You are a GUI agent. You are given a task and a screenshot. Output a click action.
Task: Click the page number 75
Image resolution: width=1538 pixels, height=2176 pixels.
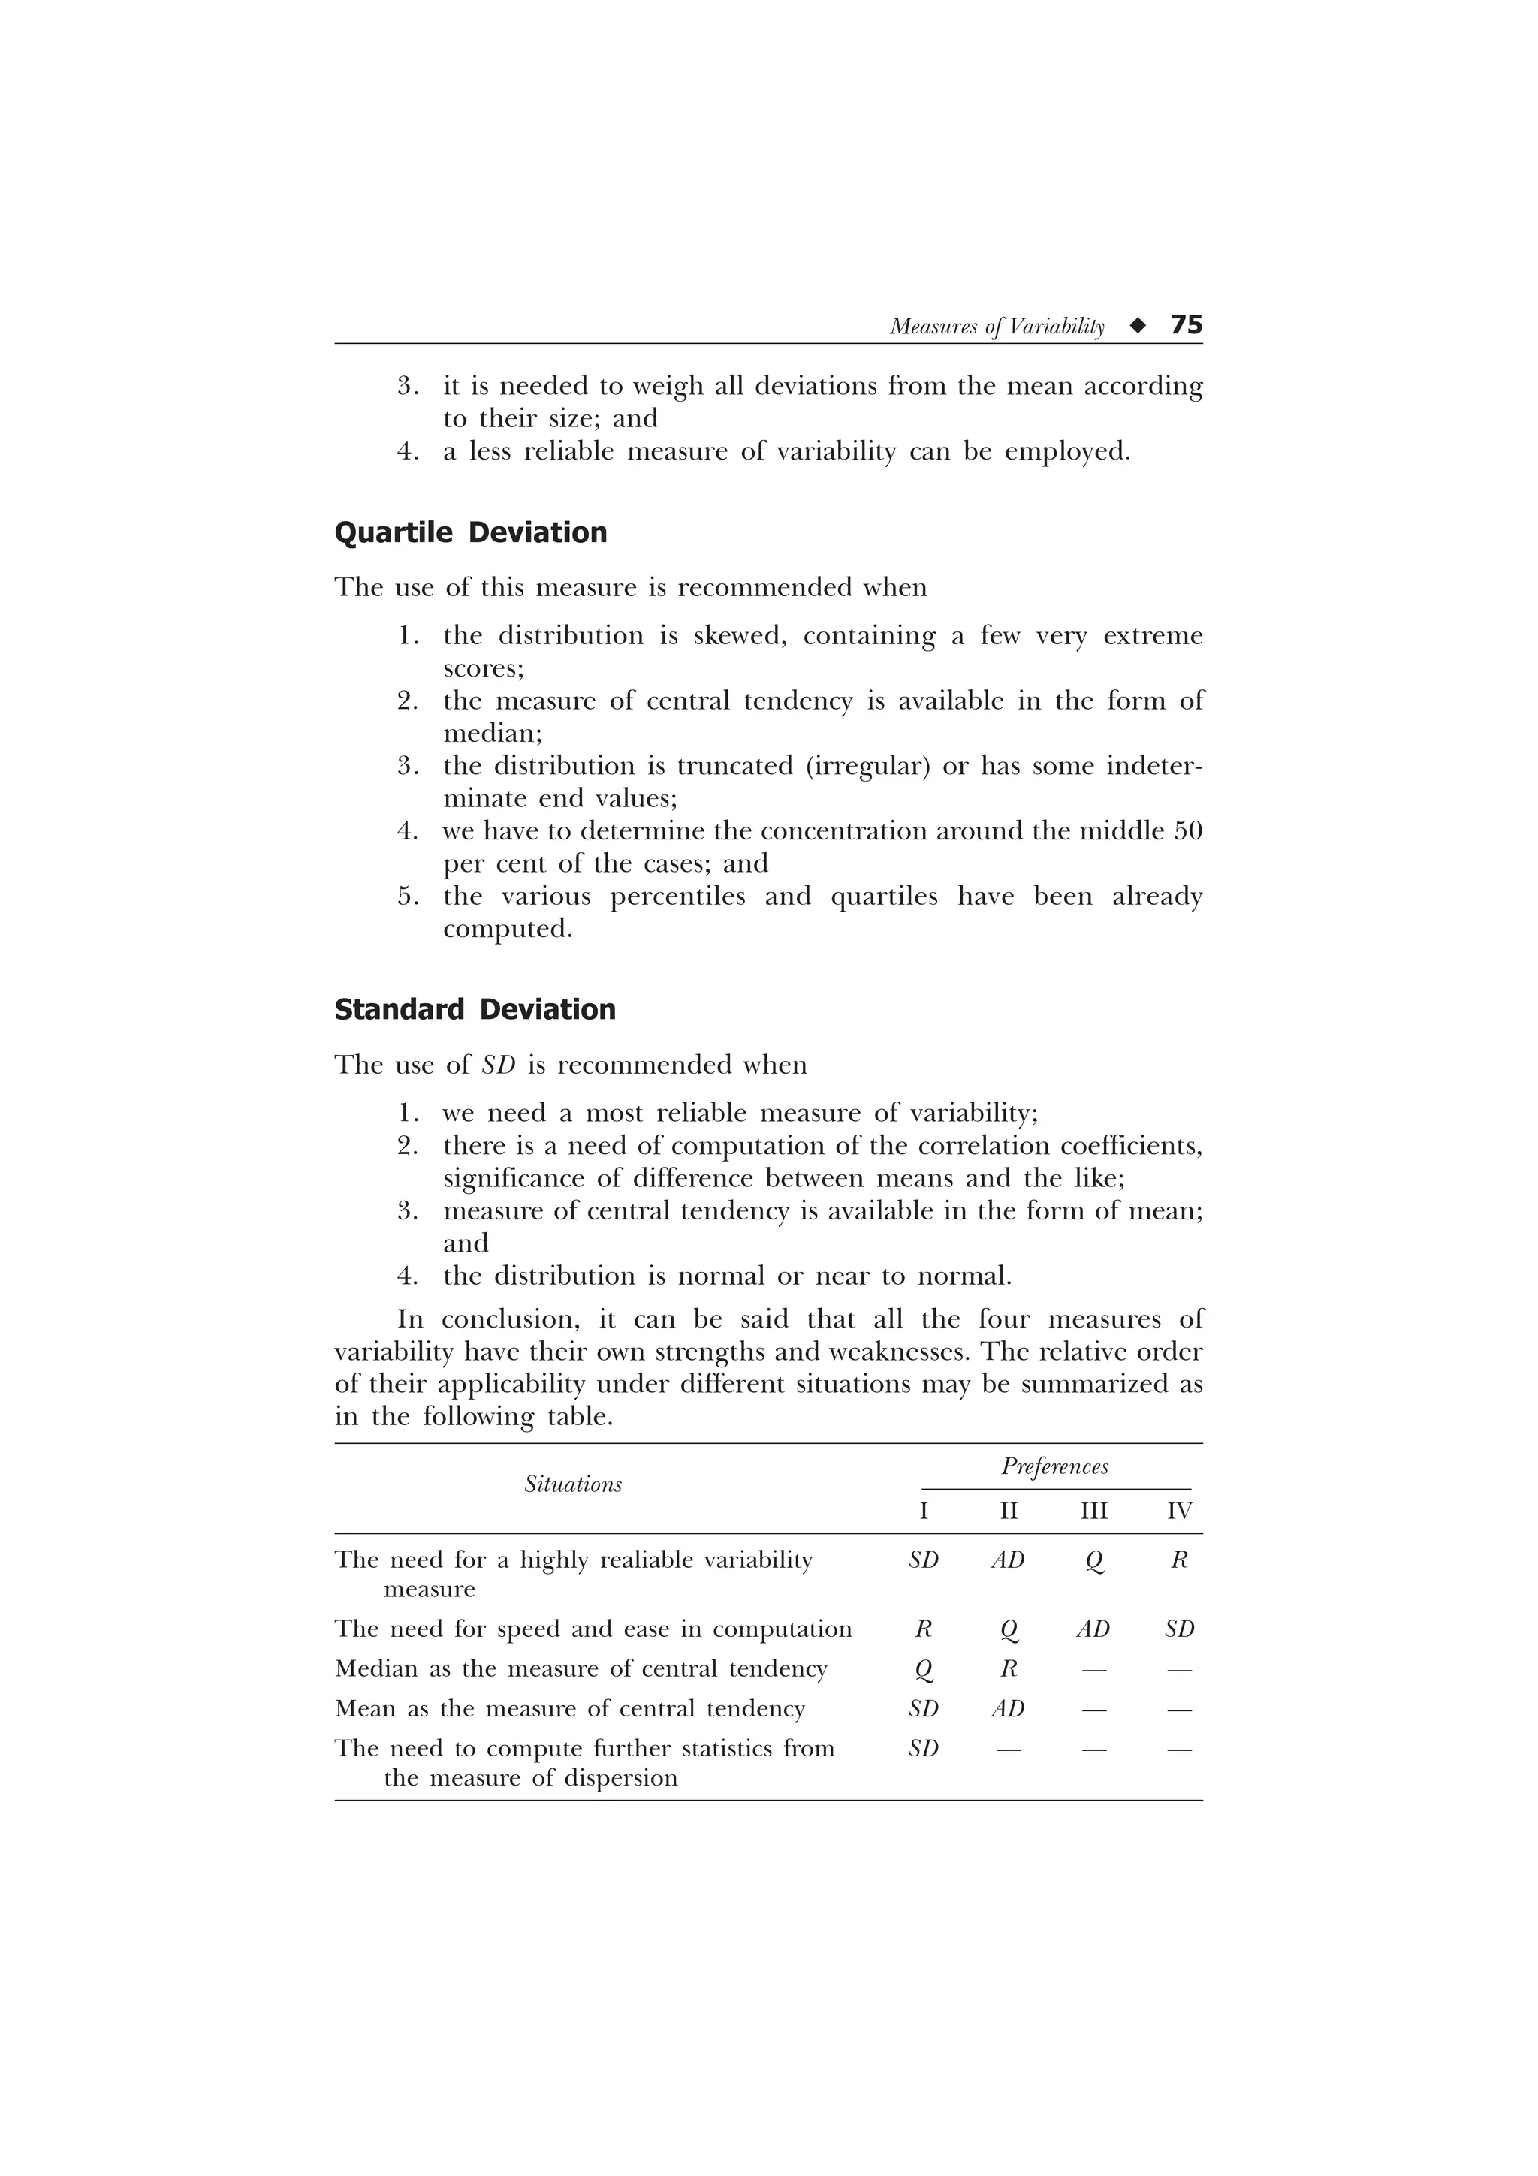click(x=1187, y=325)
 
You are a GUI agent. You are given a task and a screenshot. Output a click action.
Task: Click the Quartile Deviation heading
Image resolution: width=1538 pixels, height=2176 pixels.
click(x=470, y=532)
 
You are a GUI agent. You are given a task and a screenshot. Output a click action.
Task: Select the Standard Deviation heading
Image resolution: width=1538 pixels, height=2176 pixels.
click(x=475, y=1009)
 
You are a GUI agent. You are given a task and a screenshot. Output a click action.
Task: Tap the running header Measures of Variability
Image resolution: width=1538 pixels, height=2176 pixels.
click(x=997, y=327)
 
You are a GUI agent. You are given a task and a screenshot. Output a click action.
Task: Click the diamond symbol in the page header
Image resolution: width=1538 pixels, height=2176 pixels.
click(x=1137, y=326)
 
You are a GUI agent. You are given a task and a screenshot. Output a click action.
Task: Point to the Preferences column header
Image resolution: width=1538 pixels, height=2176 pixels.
click(x=1054, y=1467)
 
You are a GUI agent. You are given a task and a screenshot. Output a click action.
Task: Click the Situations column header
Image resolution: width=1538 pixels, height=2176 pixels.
click(x=572, y=1485)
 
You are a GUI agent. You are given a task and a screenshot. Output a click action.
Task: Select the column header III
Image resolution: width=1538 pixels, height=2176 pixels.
click(x=1093, y=1511)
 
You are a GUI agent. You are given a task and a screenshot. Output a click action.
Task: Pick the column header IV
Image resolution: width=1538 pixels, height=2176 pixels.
click(x=1179, y=1511)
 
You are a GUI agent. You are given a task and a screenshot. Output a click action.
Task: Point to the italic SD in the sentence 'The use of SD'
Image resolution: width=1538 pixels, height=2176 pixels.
click(x=499, y=1065)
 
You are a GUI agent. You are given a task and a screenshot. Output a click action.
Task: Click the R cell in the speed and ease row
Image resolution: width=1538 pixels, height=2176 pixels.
click(x=923, y=1629)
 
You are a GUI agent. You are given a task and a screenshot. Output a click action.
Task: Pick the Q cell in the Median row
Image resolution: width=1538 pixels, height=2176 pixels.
click(x=923, y=1669)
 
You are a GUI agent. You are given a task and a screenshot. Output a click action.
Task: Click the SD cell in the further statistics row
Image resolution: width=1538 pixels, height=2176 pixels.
click(x=923, y=1749)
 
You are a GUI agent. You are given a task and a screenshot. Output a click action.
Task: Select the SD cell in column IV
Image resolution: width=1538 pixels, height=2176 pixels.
click(x=1179, y=1629)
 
